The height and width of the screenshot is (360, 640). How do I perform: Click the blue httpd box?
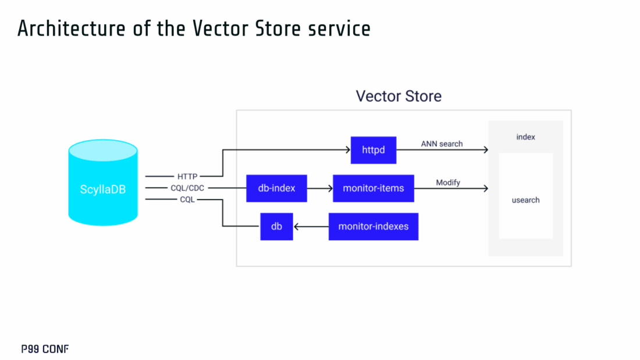373,150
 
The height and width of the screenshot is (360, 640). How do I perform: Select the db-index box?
276,188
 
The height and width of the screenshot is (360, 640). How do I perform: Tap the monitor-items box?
373,188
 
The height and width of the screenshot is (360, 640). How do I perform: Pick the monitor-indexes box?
373,226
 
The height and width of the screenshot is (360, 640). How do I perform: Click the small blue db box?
276,226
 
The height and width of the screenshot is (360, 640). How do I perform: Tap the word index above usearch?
525,137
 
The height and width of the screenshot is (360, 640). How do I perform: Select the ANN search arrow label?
442,144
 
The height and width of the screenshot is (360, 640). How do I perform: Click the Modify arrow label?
448,183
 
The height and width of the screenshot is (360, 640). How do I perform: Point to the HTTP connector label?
187,176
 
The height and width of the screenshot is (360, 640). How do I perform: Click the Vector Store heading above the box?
399,96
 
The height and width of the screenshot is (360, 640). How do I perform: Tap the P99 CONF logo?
45,350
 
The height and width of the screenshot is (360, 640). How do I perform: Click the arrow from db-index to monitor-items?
319,188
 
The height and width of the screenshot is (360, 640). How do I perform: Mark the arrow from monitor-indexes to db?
310,226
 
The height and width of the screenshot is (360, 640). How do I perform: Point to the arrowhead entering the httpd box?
347,150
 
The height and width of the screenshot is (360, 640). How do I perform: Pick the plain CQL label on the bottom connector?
187,199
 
